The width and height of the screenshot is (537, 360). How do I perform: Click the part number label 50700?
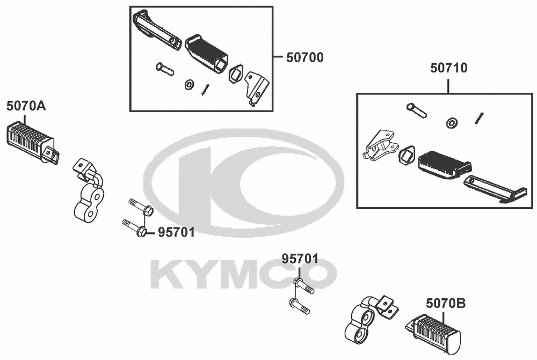tap(305, 57)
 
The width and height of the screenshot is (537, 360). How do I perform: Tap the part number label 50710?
tap(448, 68)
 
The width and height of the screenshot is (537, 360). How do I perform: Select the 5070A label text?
tap(26, 106)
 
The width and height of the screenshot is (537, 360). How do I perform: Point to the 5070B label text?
tap(446, 303)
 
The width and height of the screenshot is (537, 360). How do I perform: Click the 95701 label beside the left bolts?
tap(176, 232)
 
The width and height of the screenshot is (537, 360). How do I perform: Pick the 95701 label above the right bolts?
tap(300, 259)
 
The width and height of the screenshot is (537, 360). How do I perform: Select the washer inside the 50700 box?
tap(188, 85)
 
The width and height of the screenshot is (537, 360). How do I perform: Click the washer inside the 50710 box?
tap(452, 123)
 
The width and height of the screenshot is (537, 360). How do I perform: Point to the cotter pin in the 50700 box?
tap(205, 90)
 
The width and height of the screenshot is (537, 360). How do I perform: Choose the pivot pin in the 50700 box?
tap(165, 69)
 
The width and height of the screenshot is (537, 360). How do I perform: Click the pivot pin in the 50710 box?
tap(417, 110)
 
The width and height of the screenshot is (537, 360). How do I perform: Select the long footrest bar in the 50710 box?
tap(495, 189)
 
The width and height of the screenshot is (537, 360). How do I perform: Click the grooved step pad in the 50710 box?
tap(445, 165)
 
